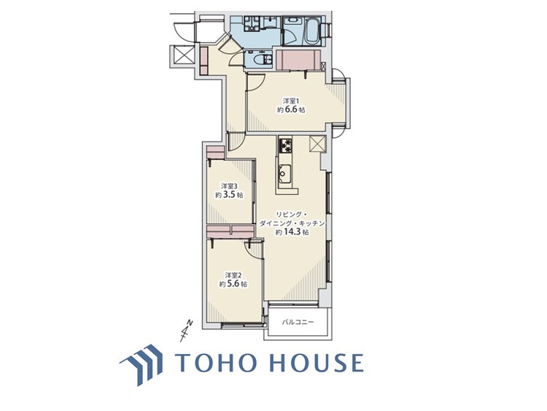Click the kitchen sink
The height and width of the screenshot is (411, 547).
(284, 174)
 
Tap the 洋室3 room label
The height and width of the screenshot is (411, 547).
(228, 186)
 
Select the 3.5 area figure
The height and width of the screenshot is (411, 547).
(230, 196)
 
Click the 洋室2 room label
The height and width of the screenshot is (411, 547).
(232, 274)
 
